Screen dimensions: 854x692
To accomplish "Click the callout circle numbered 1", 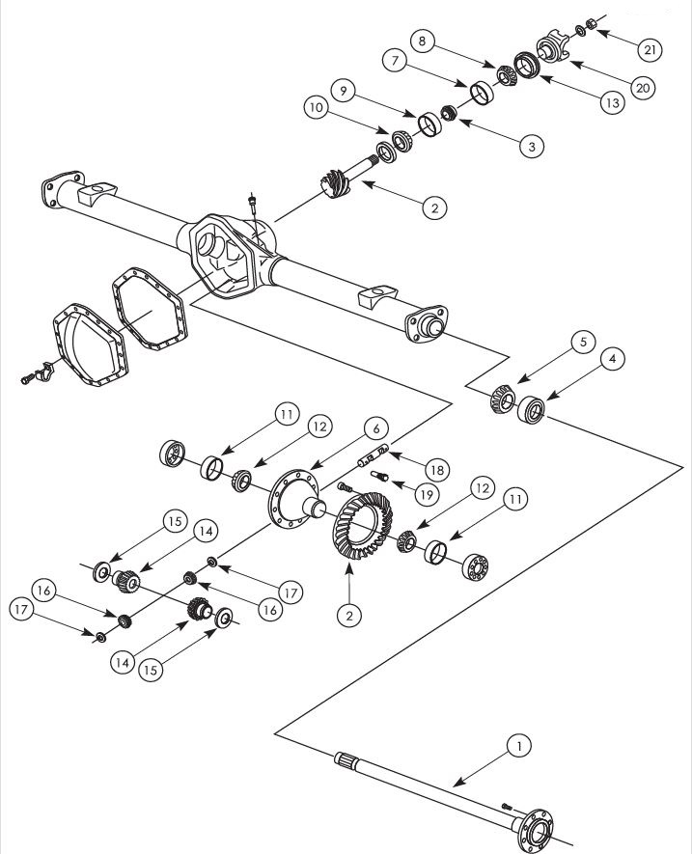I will pos(519,745).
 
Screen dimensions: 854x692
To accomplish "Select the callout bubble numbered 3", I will pos(530,146).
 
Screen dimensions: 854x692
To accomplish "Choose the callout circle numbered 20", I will pos(642,86).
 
